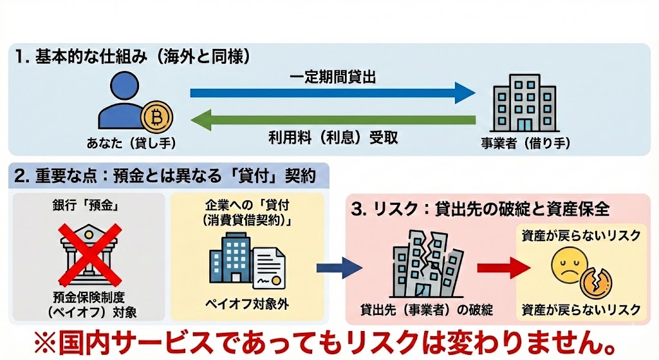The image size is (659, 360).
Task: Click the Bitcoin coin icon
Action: pyautogui.click(x=156, y=117)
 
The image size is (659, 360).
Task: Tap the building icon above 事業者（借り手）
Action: pyautogui.click(x=518, y=103)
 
